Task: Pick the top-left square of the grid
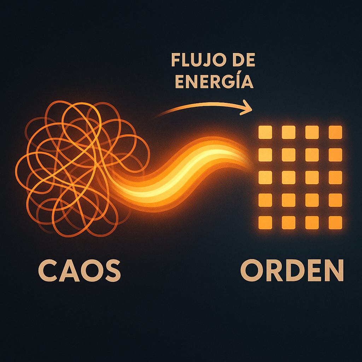pyautogui.click(x=265, y=132)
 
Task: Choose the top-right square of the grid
pyautogui.click(x=335, y=132)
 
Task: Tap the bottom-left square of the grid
pyautogui.click(x=265, y=222)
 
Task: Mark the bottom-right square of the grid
pyautogui.click(x=335, y=222)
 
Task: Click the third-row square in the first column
pyautogui.click(x=265, y=177)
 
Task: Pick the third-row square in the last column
pyautogui.click(x=335, y=177)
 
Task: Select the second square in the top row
pyautogui.click(x=288, y=132)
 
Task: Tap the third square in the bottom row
pyautogui.click(x=312, y=222)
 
